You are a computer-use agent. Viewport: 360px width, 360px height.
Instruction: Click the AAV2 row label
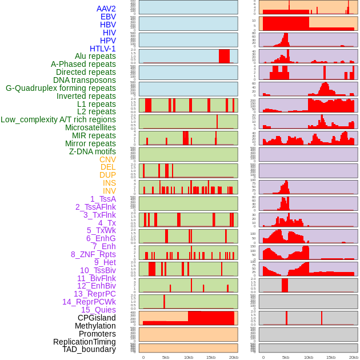point(106,9)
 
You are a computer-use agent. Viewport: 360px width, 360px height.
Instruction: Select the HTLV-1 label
point(102,49)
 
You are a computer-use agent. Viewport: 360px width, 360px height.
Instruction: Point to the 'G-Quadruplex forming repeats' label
point(61,88)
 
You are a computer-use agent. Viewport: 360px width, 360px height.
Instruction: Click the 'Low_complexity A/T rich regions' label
point(58,119)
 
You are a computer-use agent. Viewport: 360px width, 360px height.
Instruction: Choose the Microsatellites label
point(90,127)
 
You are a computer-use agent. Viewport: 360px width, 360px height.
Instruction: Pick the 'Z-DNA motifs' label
point(92,151)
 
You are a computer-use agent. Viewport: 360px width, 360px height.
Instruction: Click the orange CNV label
point(107,159)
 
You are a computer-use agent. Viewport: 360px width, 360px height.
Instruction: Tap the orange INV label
point(109,191)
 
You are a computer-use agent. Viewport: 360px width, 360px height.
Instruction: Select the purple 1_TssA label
point(103,199)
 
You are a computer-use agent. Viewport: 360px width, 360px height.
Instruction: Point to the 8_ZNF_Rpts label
point(93,254)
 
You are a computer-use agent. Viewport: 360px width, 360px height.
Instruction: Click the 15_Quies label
point(98,310)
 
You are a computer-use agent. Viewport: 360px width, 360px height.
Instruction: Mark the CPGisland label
point(97,318)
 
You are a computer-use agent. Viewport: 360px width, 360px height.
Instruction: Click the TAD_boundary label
point(89,349)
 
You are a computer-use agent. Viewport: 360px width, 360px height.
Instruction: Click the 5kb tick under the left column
point(166,357)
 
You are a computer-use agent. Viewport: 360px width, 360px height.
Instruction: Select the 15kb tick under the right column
point(331,357)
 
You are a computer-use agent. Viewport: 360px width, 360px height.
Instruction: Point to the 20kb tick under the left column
point(233,357)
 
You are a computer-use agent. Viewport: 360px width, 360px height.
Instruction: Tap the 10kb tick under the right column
point(309,357)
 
